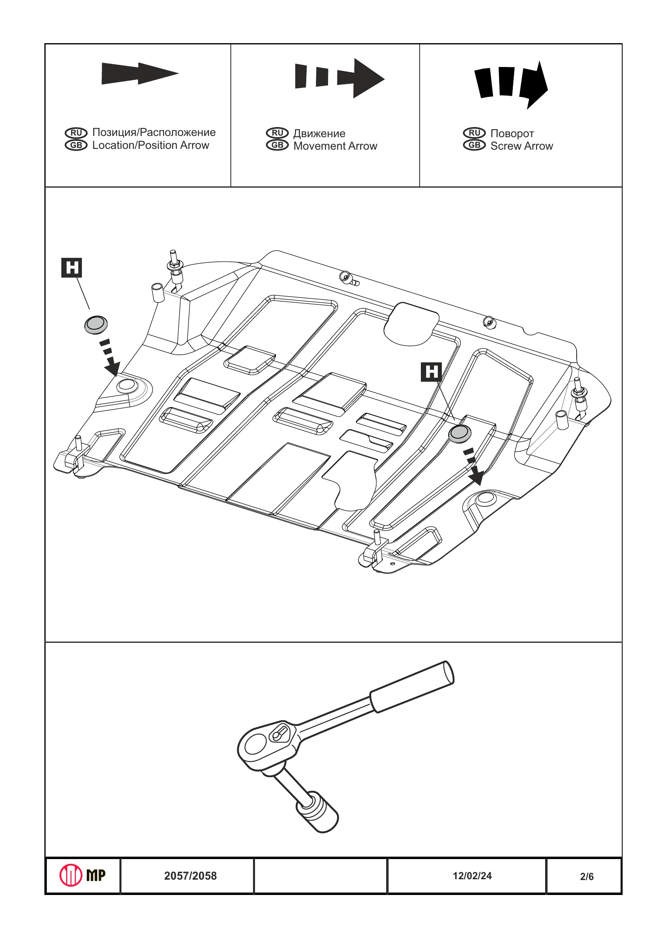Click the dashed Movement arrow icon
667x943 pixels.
339,77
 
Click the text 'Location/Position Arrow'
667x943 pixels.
151,145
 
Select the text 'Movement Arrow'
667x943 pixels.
335,146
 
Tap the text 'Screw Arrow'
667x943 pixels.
522,146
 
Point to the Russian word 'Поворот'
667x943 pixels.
512,134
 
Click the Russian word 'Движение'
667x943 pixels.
319,134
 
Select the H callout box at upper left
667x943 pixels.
71,268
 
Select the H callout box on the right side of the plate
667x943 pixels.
431,372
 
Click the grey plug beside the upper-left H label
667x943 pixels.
96,324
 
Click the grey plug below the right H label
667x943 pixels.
459,433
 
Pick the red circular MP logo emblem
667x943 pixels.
71,875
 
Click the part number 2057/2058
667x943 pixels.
190,876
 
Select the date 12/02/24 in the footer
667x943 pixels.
472,876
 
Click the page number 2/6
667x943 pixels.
587,877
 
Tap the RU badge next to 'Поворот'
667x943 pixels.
475,133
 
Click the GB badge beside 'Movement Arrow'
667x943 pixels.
277,145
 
